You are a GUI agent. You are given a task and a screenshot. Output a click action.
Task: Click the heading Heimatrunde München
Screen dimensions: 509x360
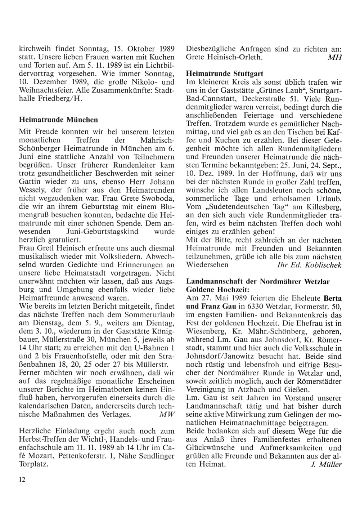(x=58, y=119)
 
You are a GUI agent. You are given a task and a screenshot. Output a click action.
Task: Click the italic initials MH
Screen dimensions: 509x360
(x=334, y=58)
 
